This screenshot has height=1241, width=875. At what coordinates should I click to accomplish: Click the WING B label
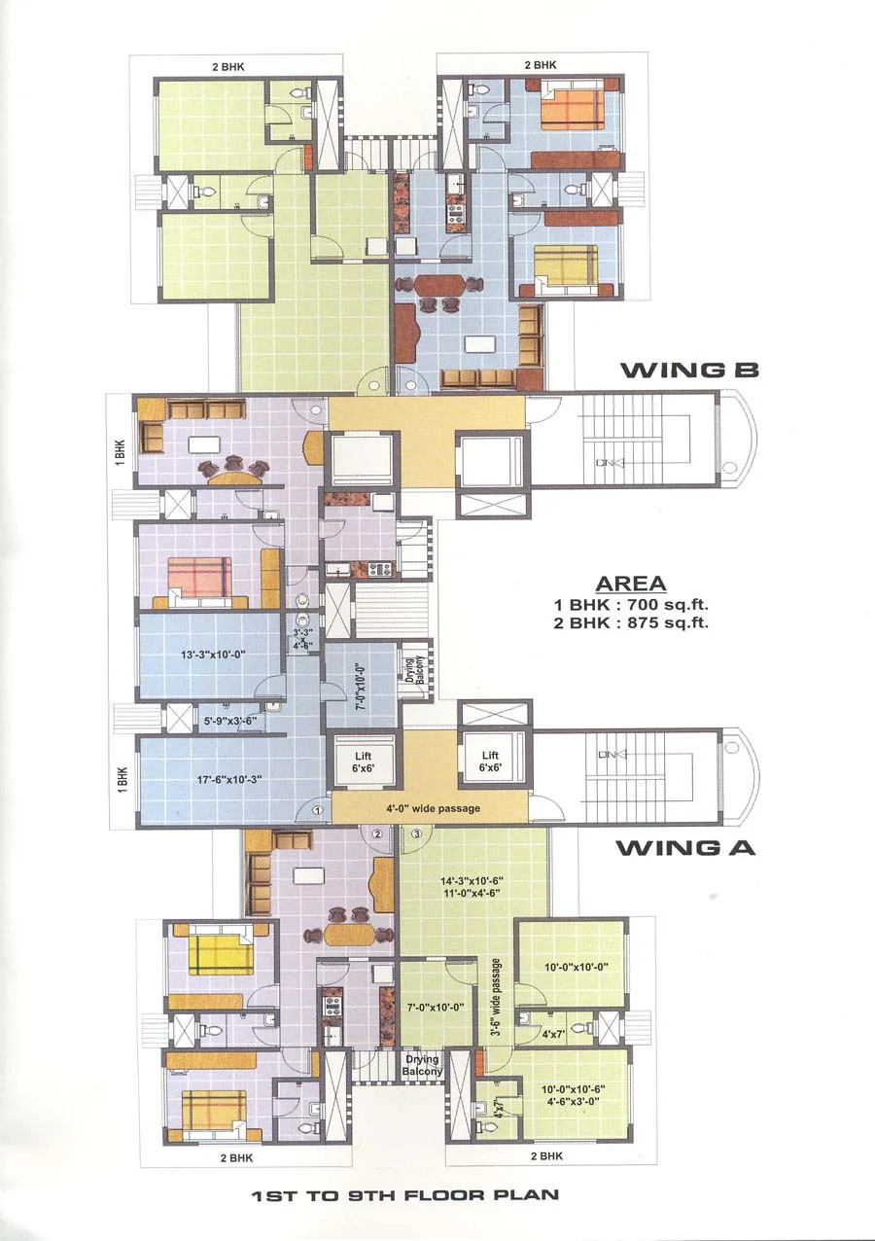pos(688,370)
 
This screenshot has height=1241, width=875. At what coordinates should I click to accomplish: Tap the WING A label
pos(684,847)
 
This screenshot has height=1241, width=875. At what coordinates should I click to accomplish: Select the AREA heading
pos(630,584)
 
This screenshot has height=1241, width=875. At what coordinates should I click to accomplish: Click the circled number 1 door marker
pos(317,809)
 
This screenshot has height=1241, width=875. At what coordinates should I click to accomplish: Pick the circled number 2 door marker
pos(379,833)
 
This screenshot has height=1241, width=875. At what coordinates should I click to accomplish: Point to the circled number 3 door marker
pos(416,833)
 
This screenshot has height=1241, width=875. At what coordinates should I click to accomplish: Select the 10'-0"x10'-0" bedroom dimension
pos(571,968)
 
